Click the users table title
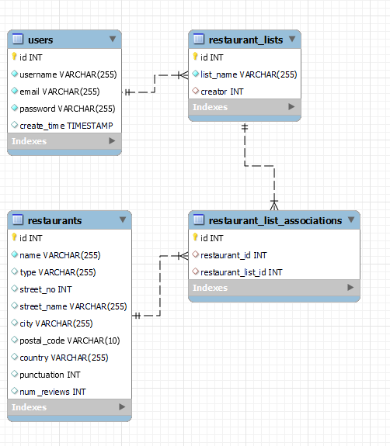tap(40, 40)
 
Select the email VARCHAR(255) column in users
tap(60, 92)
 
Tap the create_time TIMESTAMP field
tap(66, 126)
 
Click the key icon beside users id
tap(14, 57)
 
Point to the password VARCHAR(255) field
tap(68, 109)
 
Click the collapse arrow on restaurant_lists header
tap(292, 39)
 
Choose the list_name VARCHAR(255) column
tap(249, 74)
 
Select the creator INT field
tap(222, 92)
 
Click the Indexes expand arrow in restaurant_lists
tap(291, 107)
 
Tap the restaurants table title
tap(54, 221)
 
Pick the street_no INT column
tap(46, 289)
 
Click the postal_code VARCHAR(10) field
tap(69, 341)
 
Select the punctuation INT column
tap(50, 375)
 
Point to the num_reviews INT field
tap(52, 392)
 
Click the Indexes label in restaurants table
tap(29, 407)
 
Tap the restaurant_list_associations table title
tap(275, 221)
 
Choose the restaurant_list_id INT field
tap(242, 272)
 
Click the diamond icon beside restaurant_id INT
tap(196, 254)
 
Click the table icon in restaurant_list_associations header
tap(199, 220)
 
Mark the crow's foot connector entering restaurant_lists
tap(183, 75)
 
